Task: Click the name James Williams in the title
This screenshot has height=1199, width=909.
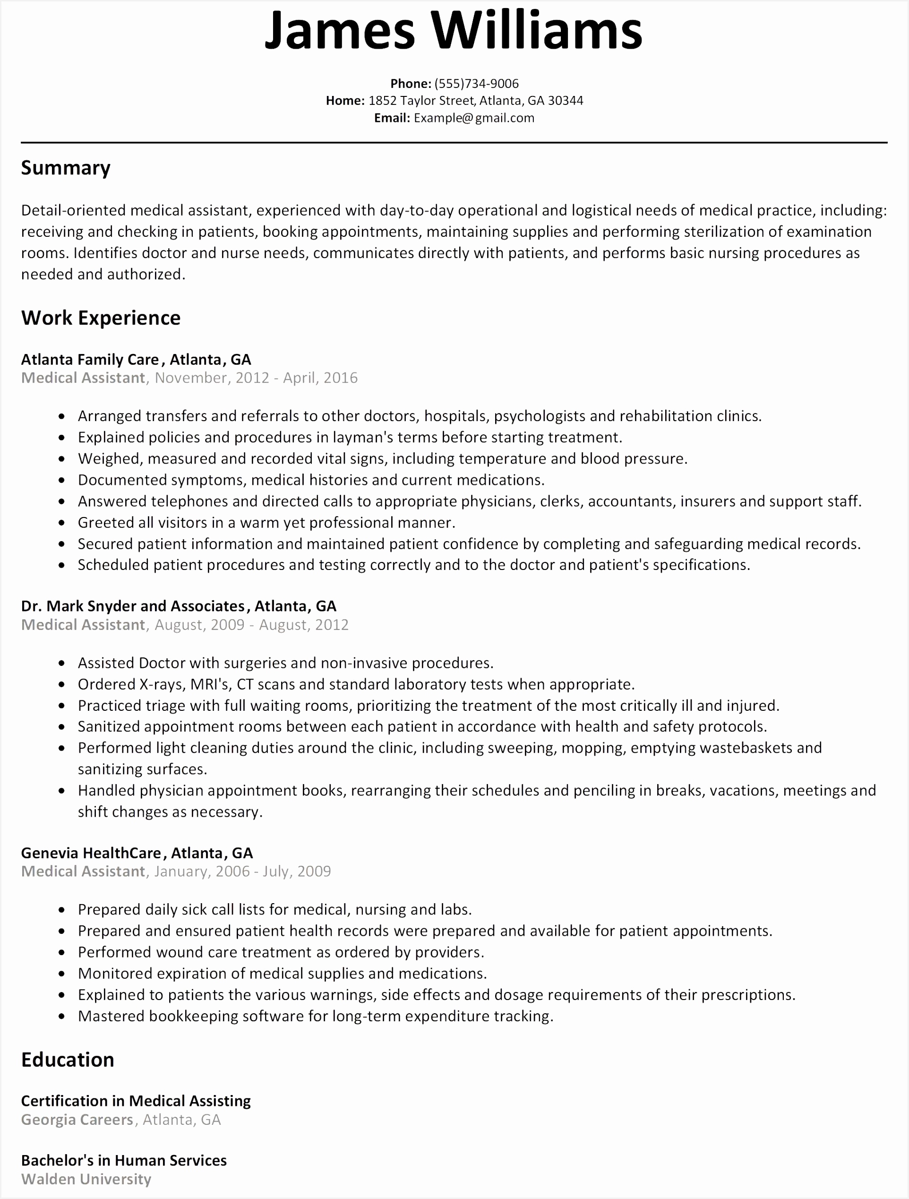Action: coord(454,30)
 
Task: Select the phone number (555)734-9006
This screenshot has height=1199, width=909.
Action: coord(476,84)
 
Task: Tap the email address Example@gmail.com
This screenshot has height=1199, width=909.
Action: coord(474,118)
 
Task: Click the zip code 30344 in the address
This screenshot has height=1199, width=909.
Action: coord(566,101)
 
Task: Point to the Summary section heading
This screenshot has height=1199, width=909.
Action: coord(66,168)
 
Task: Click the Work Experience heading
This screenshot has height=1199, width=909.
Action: coord(101,318)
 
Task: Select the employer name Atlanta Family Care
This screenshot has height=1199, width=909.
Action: coord(90,360)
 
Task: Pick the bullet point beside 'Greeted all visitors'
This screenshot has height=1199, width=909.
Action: coord(62,524)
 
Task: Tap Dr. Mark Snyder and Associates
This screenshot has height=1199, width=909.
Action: coord(133,606)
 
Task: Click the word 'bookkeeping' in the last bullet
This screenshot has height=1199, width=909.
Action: coord(193,1016)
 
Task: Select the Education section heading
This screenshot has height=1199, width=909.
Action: coord(68,1060)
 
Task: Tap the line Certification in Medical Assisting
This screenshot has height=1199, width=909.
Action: coord(136,1101)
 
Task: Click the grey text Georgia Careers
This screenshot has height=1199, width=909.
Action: coord(77,1120)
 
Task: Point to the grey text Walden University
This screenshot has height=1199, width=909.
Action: coord(86,1179)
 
